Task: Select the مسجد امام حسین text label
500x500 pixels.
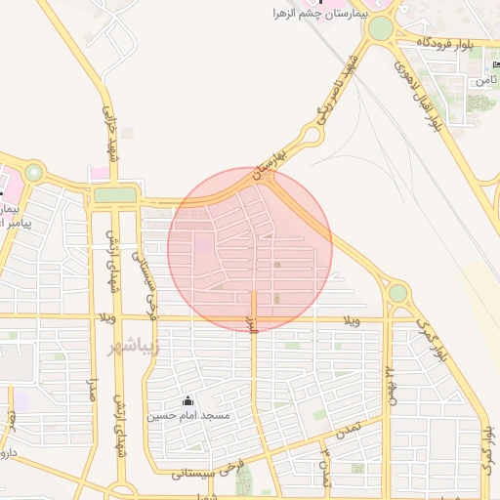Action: pyautogui.click(x=188, y=416)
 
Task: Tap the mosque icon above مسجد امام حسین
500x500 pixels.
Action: pyautogui.click(x=187, y=400)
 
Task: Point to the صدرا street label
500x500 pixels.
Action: pyautogui.click(x=95, y=396)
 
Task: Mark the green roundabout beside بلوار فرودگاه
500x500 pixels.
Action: pyautogui.click(x=380, y=28)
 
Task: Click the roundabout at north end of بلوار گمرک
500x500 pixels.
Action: pyautogui.click(x=397, y=292)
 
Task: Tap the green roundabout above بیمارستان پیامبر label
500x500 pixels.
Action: pyautogui.click(x=34, y=173)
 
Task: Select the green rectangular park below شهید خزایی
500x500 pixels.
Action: pyautogui.click(x=115, y=194)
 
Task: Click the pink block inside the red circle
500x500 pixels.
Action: pyautogui.click(x=203, y=245)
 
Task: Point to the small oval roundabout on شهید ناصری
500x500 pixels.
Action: pyautogui.click(x=312, y=134)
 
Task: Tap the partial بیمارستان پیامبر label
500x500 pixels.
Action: pyautogui.click(x=12, y=216)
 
